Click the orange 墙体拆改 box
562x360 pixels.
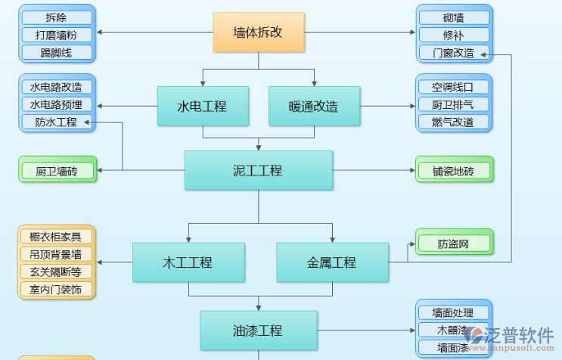(258, 33)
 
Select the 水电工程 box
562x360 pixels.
(202, 106)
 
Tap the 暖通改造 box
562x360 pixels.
(313, 106)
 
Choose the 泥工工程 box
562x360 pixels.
(258, 170)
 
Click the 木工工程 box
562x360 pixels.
(188, 262)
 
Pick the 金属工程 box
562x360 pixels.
(331, 262)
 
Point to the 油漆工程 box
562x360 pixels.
(258, 330)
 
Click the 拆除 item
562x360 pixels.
(57, 17)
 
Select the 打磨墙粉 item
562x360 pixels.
(57, 35)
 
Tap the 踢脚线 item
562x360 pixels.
(57, 52)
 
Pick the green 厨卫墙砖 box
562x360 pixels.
(57, 171)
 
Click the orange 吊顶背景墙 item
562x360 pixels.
(57, 254)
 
